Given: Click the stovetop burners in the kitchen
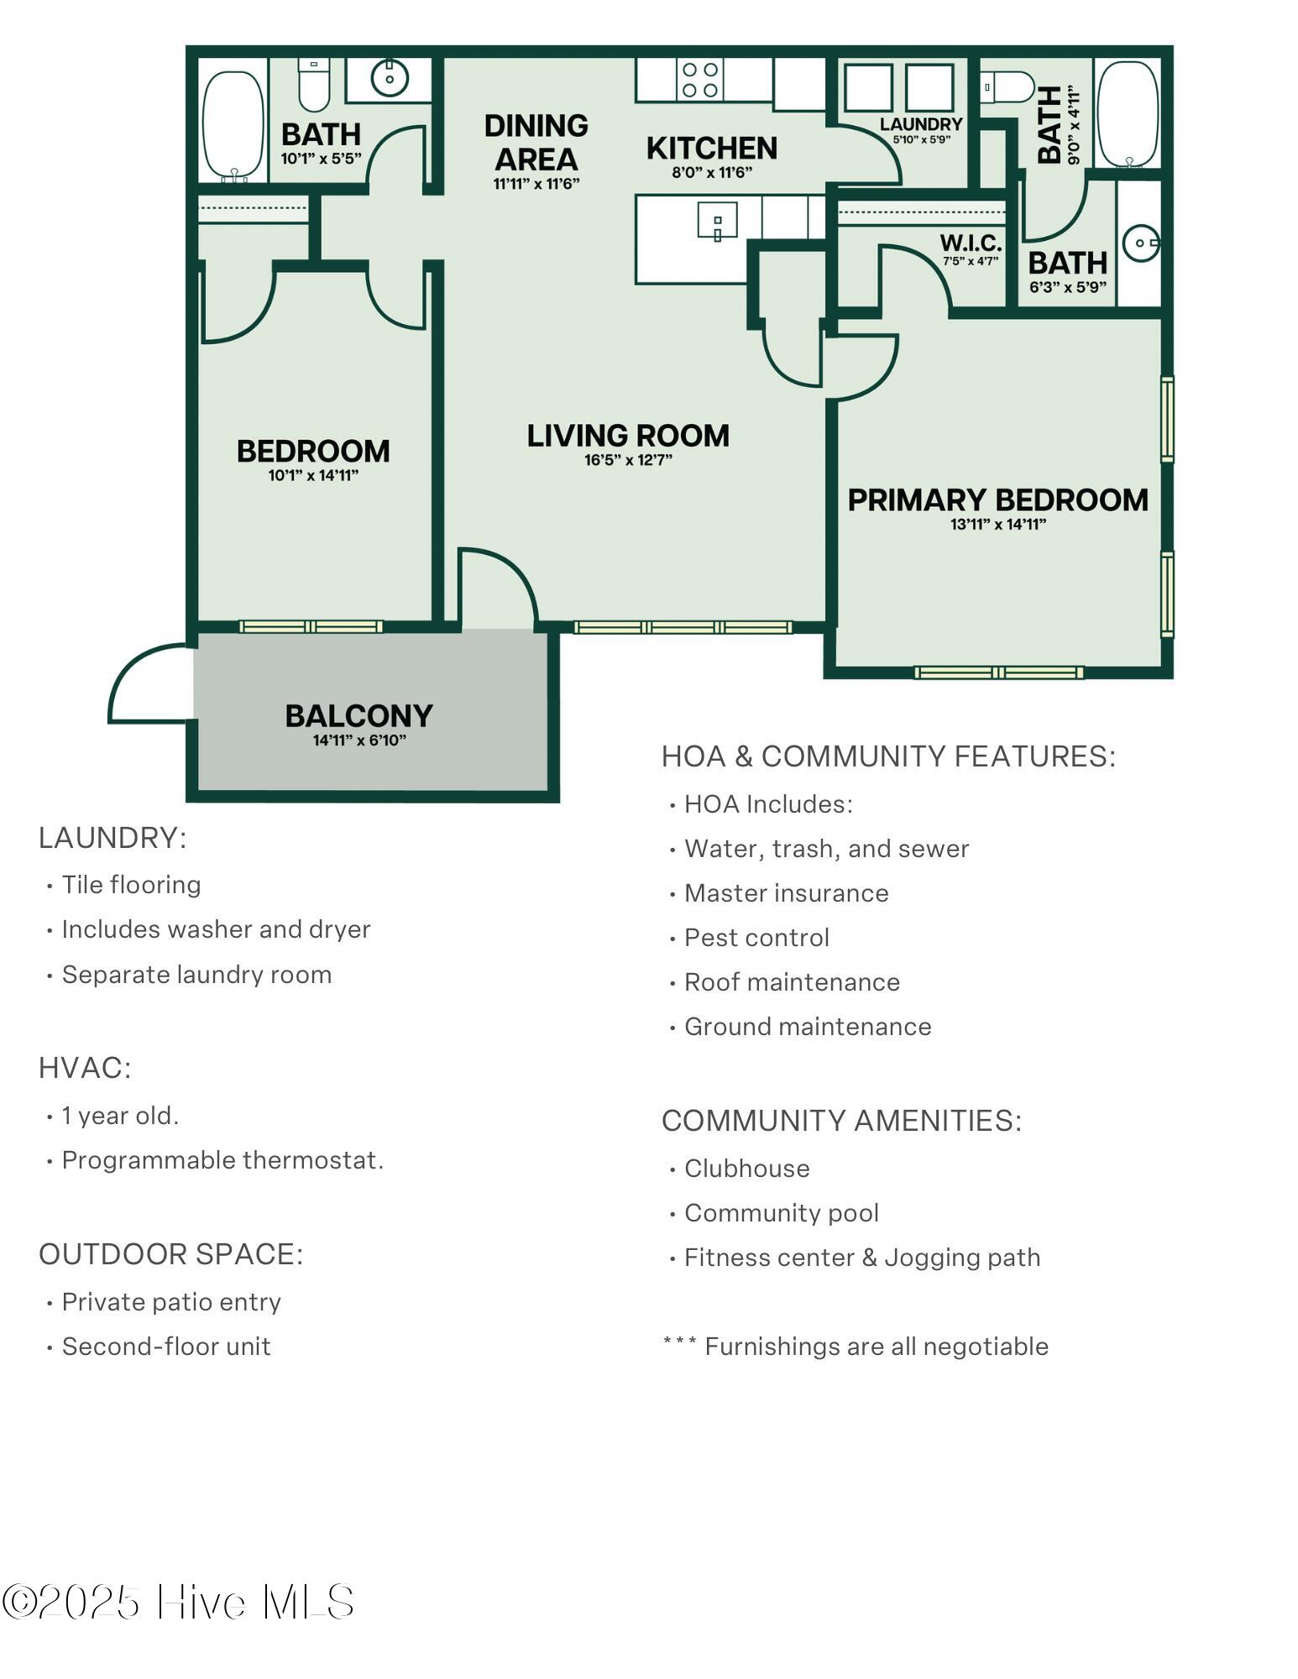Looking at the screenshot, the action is click(699, 80).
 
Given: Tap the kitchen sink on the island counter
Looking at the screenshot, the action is click(717, 221).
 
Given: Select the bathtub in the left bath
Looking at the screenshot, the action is click(233, 124).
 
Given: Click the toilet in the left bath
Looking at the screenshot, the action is click(314, 84).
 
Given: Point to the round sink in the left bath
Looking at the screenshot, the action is click(390, 79).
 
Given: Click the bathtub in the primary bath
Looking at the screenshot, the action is click(1128, 114).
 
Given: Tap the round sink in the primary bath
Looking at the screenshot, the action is click(1142, 243).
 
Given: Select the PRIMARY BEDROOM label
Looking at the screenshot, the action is click(997, 500).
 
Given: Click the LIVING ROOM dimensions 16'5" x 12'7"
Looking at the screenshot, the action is click(628, 460).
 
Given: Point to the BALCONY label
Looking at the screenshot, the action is click(359, 715).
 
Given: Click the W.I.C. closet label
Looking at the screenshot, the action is click(971, 243).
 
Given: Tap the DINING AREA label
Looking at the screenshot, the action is click(536, 142).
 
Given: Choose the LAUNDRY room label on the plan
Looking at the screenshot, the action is click(921, 124).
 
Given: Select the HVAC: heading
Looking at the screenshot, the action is click(85, 1068).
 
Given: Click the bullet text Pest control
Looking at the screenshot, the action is click(756, 938).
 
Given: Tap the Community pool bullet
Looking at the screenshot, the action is click(782, 1213).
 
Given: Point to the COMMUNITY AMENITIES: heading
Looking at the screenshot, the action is click(841, 1121).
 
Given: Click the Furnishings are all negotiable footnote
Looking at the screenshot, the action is click(856, 1347).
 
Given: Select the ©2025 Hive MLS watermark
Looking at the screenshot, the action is click(178, 1603).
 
